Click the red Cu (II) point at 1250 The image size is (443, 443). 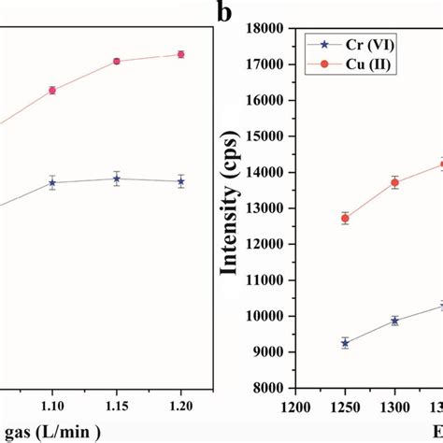point(345,218)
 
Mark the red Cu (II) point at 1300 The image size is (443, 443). point(394,182)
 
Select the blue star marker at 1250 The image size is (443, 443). point(345,343)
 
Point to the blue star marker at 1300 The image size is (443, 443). point(394,321)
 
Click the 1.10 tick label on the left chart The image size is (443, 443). point(52,407)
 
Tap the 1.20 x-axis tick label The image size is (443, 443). point(181,407)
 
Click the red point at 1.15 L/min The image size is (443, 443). point(117,61)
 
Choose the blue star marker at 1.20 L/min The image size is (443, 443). point(181,180)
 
